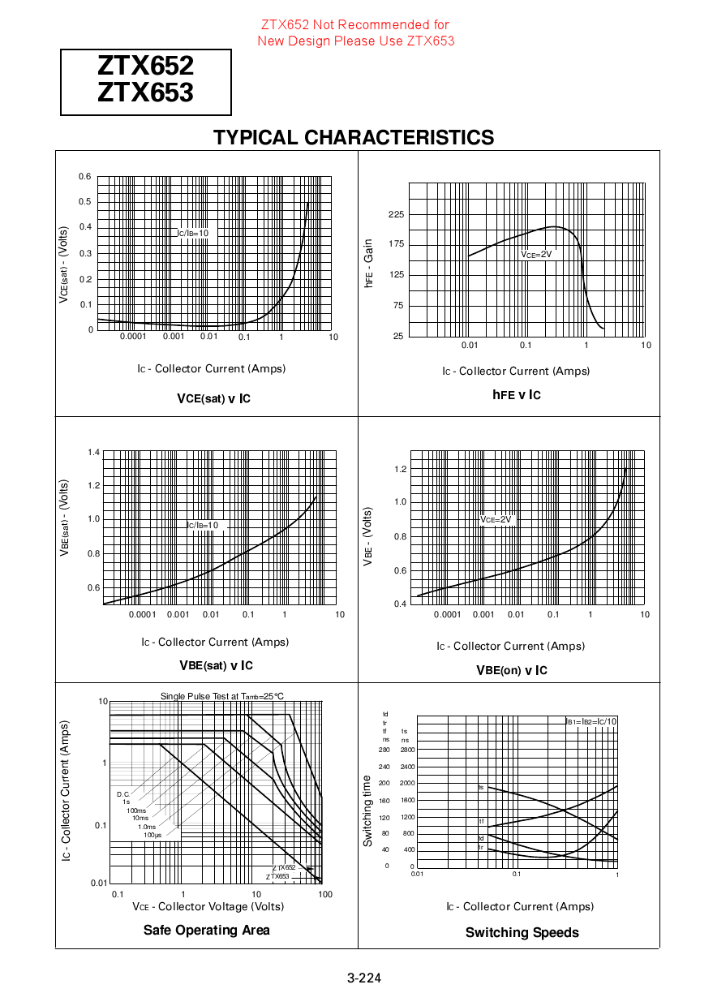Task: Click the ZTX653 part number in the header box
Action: [x=145, y=93]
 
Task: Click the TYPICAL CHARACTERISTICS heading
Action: [x=354, y=138]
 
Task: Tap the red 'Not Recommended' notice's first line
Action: [x=355, y=25]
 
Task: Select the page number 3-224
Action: [x=364, y=978]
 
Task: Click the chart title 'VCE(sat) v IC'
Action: [x=213, y=398]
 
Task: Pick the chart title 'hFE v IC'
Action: [x=516, y=395]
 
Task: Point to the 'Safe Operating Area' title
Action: [x=207, y=930]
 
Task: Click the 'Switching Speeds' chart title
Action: [x=522, y=932]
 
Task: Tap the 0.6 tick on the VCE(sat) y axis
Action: [x=85, y=177]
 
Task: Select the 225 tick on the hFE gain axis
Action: [x=396, y=214]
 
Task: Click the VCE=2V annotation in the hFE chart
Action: [x=536, y=254]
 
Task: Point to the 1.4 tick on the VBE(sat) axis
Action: [x=93, y=452]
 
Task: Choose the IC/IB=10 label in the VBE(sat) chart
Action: [x=203, y=525]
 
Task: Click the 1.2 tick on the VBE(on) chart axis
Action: [x=399, y=470]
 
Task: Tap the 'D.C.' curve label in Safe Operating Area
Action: [x=123, y=794]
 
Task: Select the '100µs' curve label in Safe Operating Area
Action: [x=152, y=835]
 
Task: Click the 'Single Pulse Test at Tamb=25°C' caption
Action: [x=222, y=696]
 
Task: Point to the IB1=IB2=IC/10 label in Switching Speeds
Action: [x=591, y=721]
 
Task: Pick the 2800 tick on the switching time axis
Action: [x=407, y=750]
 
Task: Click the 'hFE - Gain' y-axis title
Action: [x=369, y=263]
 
